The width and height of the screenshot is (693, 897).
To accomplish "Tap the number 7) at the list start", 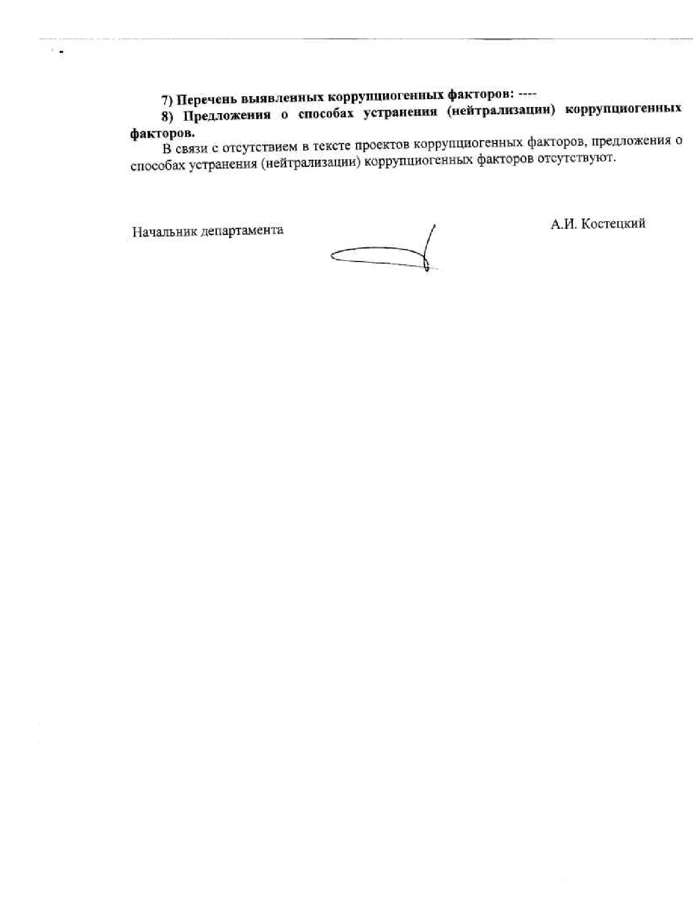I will click(x=167, y=101).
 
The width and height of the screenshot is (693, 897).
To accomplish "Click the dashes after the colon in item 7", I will click(x=528, y=92).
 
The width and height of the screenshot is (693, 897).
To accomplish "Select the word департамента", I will click(x=242, y=231).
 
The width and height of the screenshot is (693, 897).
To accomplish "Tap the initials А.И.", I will click(x=563, y=224).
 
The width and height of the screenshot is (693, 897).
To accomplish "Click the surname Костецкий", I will click(x=613, y=223).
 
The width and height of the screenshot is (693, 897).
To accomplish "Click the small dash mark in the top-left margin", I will click(x=61, y=53).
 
